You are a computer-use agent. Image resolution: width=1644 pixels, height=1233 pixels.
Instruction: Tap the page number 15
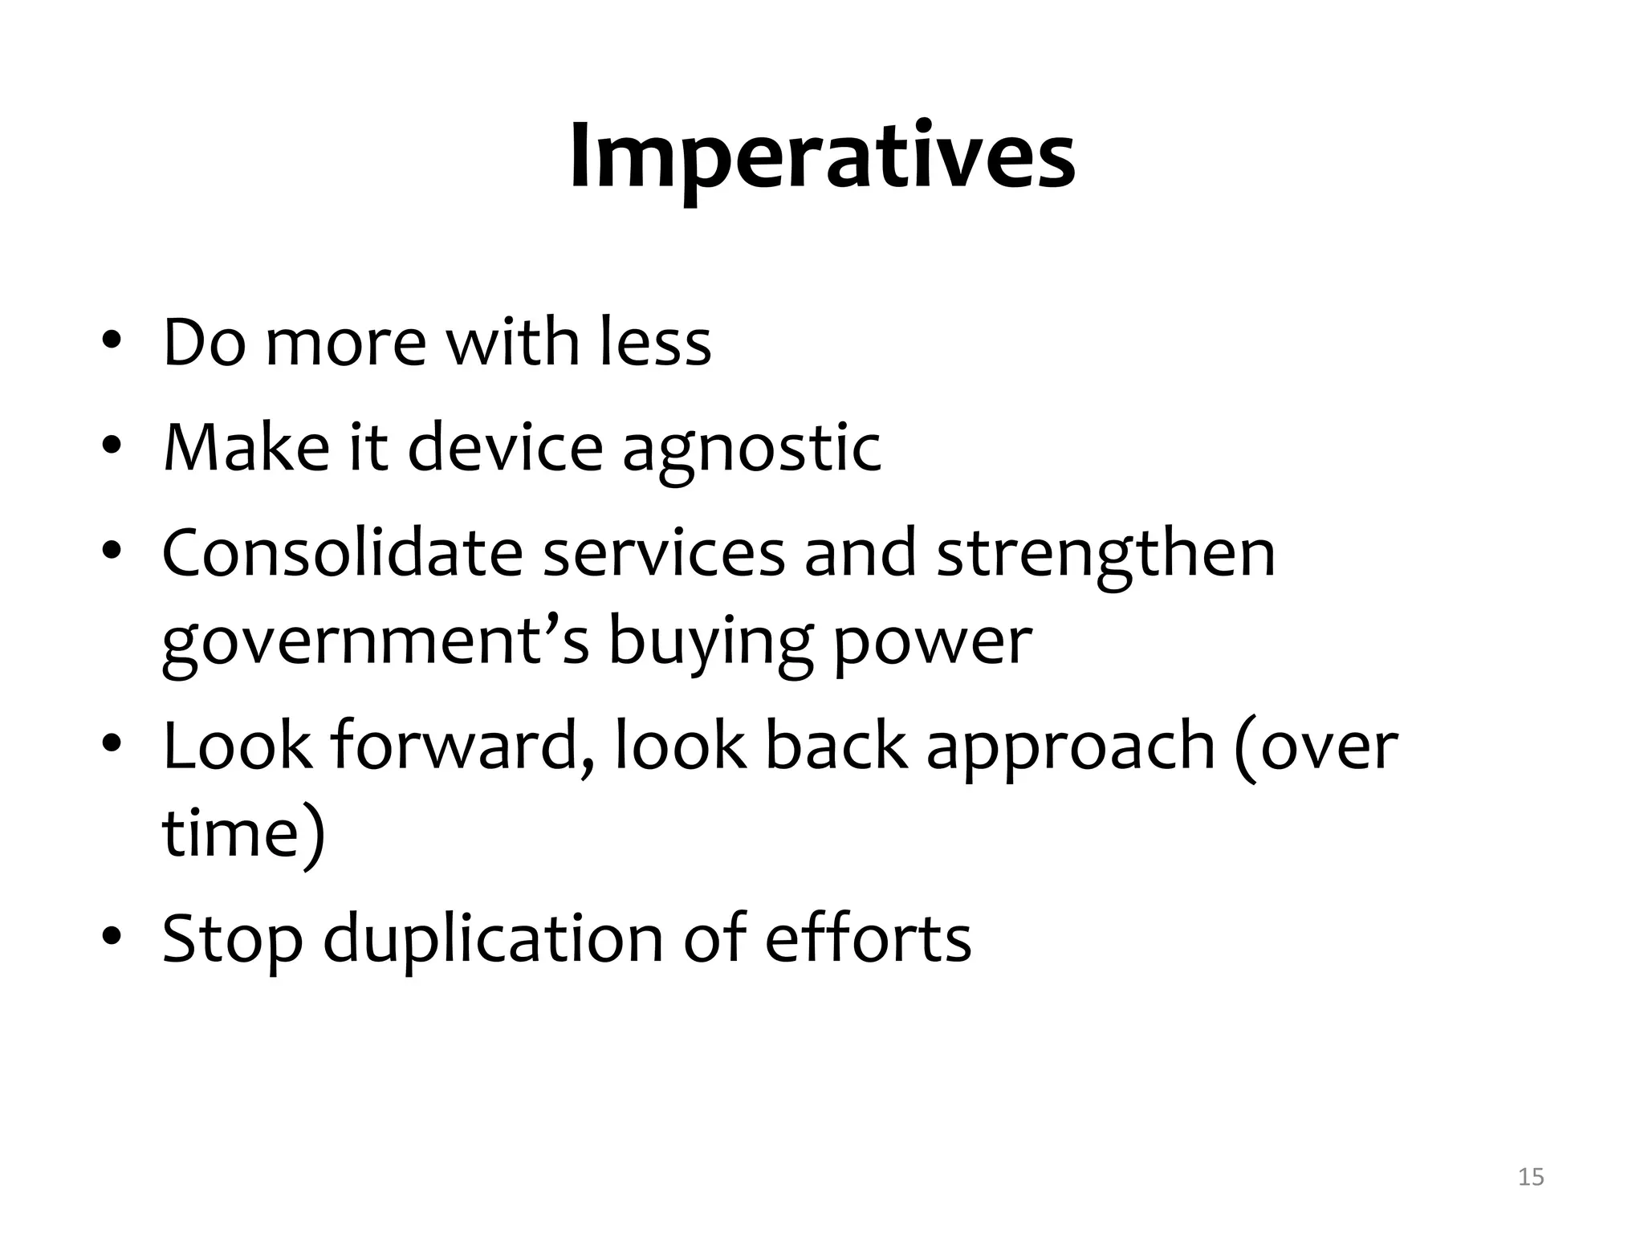(x=1531, y=1177)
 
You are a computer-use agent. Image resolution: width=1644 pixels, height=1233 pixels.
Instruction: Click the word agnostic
(x=751, y=448)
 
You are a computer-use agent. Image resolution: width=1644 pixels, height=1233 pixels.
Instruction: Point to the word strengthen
(x=1105, y=554)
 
